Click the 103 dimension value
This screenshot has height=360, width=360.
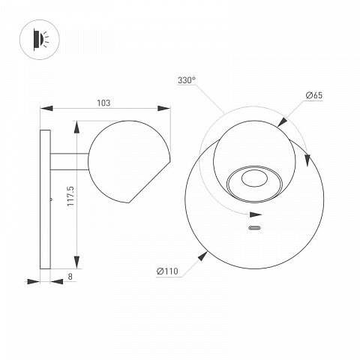103,103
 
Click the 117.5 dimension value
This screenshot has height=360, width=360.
70,196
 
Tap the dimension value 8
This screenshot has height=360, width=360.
70,276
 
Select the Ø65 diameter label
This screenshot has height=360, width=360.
314,95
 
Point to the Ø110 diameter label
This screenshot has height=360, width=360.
167,271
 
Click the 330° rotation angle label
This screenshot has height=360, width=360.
187,80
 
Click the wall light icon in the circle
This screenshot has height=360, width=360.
40,40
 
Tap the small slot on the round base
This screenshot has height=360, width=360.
254,228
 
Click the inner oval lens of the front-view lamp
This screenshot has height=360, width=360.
254,178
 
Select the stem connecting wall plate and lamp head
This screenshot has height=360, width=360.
70,161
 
